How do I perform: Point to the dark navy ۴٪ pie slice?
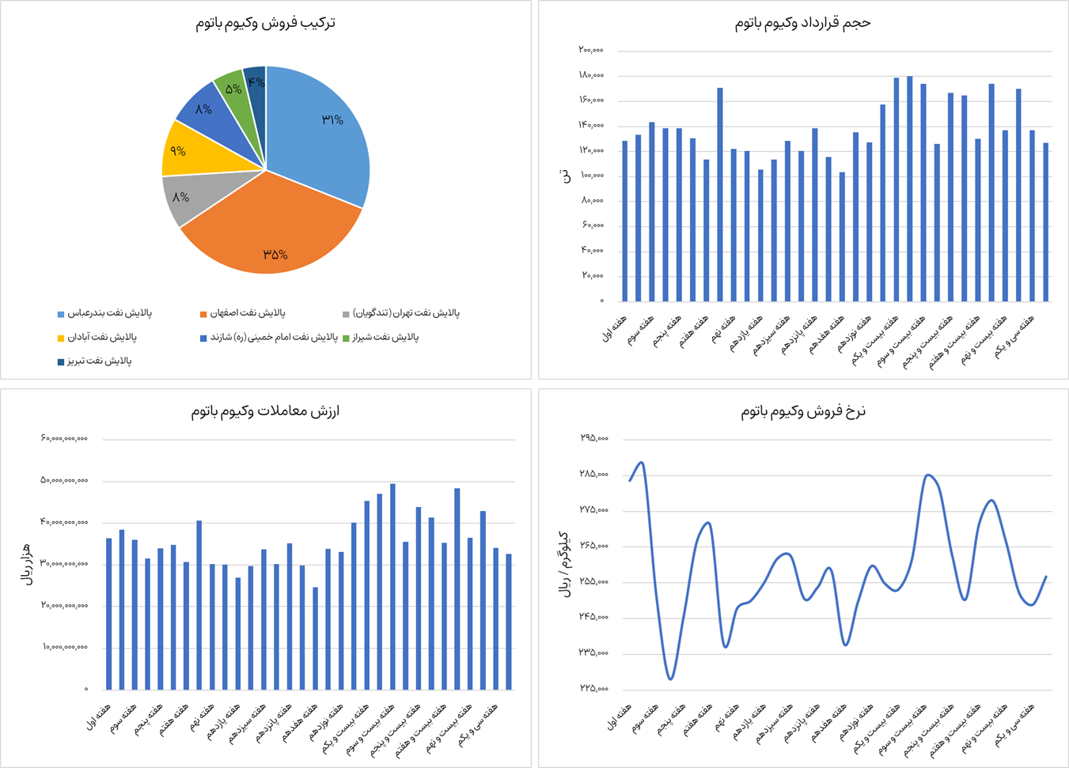[x=256, y=81]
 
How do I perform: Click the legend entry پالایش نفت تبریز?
[x=100, y=361]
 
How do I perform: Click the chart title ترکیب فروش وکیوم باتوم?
[x=266, y=23]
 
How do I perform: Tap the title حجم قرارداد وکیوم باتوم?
[x=802, y=23]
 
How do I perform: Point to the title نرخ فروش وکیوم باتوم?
[x=802, y=411]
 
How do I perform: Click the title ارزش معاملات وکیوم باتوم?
[x=266, y=411]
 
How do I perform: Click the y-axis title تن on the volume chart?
[x=564, y=176]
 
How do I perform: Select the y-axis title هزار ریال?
[x=27, y=564]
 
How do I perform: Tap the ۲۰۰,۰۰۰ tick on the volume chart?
[x=590, y=50]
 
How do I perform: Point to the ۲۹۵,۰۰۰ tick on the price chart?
[x=593, y=438]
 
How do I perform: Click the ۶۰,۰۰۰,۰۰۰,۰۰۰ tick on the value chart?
[x=64, y=438]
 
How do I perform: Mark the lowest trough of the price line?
[x=670, y=679]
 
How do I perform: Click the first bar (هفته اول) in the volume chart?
[x=624, y=221]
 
